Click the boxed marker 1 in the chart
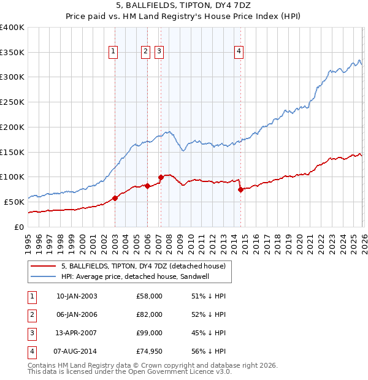[x=114, y=52]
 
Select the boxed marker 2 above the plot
[x=146, y=52]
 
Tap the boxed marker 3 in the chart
[x=159, y=52]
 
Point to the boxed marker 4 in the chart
[x=239, y=52]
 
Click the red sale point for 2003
[x=115, y=198]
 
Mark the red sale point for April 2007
[x=161, y=177]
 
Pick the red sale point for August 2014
[x=240, y=189]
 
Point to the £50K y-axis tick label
[x=15, y=202]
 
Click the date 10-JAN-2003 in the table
[x=77, y=296]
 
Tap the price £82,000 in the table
[x=150, y=314]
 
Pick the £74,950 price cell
[x=149, y=351]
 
